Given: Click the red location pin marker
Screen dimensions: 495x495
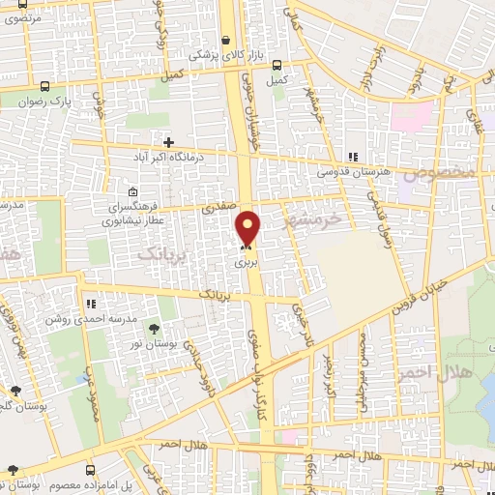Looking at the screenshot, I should click(248, 228).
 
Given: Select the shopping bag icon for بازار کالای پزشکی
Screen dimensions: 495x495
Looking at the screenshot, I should click(225, 41).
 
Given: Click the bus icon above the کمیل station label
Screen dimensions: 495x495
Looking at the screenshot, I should click(277, 66).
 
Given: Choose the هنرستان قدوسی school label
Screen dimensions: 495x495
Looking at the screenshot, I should click(351, 171).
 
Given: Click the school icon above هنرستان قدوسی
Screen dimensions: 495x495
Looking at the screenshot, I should click(353, 157).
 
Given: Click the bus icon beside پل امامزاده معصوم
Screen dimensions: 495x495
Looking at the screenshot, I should click(13, 471).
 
